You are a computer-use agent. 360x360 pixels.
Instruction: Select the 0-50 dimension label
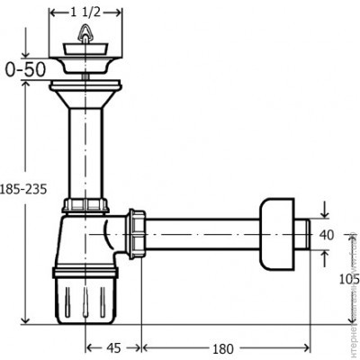pyautogui.click(x=26, y=67)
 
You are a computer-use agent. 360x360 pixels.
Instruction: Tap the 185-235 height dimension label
pyautogui.click(x=26, y=190)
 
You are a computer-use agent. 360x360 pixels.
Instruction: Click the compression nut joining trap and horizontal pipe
pyautogui.click(x=137, y=236)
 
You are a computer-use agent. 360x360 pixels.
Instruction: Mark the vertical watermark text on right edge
pyautogui.click(x=354, y=297)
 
